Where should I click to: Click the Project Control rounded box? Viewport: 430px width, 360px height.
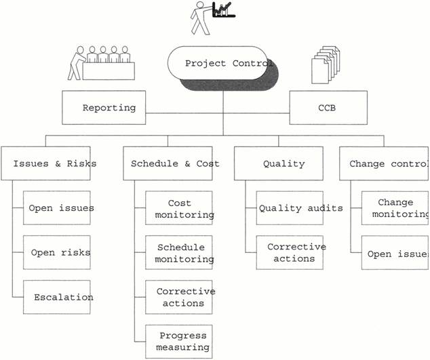(x=217, y=63)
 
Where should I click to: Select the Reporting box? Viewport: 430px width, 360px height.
(x=104, y=108)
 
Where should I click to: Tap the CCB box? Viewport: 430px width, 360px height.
(x=328, y=108)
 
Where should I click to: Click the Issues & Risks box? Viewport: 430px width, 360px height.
(x=46, y=163)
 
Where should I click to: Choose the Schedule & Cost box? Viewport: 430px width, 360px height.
(x=168, y=163)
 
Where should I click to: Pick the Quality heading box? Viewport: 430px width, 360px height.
(x=279, y=163)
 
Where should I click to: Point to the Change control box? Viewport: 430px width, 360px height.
(x=384, y=163)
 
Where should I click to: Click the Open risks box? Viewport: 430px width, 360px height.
(x=57, y=252)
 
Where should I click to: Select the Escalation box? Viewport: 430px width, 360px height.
(x=57, y=297)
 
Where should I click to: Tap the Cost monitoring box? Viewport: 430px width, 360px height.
(x=179, y=208)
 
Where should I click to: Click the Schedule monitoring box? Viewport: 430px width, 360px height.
(x=179, y=252)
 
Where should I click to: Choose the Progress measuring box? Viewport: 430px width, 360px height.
(x=179, y=342)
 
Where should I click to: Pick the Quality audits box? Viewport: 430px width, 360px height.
(x=290, y=208)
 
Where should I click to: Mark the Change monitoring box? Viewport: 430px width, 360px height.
(x=395, y=208)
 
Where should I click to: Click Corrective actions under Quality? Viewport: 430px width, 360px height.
(x=290, y=252)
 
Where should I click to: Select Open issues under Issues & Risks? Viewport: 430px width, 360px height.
(x=57, y=208)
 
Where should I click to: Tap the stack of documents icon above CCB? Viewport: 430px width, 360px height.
(x=326, y=64)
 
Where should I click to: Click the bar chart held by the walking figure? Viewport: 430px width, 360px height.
(x=224, y=10)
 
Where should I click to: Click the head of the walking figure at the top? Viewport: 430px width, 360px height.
(x=200, y=5)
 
